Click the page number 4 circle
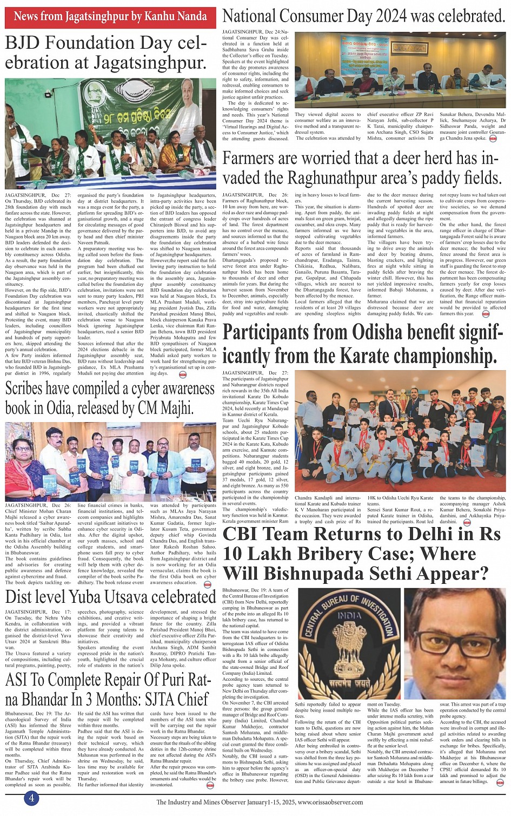click(31, 798)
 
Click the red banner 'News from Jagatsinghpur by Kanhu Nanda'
click(110, 17)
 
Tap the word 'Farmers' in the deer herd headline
click(259, 159)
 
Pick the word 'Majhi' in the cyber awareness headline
click(174, 407)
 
